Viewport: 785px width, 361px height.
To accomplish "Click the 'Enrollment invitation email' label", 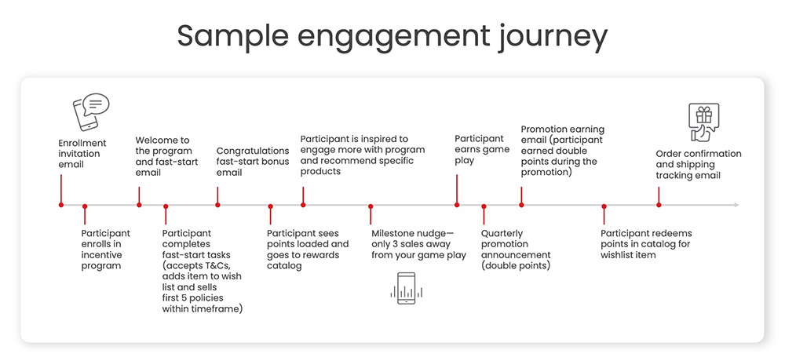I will coord(82,154).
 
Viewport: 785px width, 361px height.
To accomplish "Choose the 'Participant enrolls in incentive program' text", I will coord(106,250).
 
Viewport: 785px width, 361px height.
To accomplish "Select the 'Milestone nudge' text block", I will coord(418,244).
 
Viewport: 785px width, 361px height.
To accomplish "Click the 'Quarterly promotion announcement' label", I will coord(516,250).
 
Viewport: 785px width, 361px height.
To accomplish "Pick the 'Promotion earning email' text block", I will coord(562,150).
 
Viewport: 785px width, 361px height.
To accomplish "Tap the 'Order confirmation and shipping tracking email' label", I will coord(698,165).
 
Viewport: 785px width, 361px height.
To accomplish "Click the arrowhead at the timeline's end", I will coord(736,205).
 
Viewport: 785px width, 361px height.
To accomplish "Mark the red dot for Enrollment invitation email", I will coord(60,205).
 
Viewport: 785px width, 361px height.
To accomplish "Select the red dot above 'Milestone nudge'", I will coord(371,206).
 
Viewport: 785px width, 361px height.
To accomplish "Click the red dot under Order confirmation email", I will coord(659,205).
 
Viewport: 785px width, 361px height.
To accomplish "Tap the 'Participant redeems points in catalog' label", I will coord(646,244).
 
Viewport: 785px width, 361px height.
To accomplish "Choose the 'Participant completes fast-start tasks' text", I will coord(202,272).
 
